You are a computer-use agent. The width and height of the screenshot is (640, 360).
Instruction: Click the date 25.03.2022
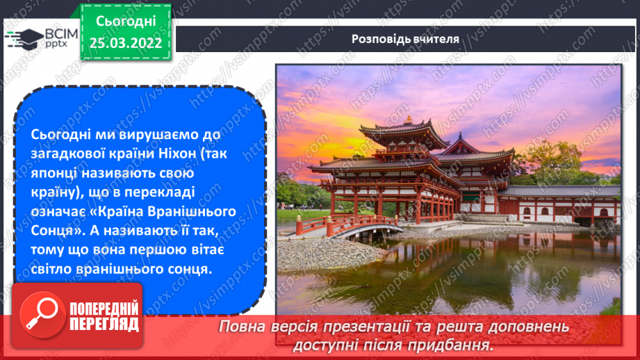(x=126, y=43)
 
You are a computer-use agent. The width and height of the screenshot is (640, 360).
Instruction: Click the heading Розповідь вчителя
(x=404, y=39)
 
